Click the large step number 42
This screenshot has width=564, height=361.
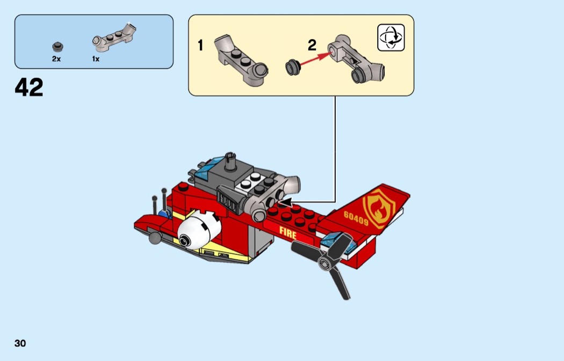pos(29,87)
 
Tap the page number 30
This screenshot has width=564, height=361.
pos(20,343)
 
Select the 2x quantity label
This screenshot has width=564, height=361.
pos(56,59)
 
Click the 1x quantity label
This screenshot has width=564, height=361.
pos(96,59)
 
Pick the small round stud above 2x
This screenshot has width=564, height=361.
pos(56,47)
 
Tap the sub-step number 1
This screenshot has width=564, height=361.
pos(200,46)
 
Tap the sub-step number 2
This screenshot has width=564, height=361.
pos(312,46)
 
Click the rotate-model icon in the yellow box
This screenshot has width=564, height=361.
pos(391,38)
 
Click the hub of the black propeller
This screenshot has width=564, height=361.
pos(324,262)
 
